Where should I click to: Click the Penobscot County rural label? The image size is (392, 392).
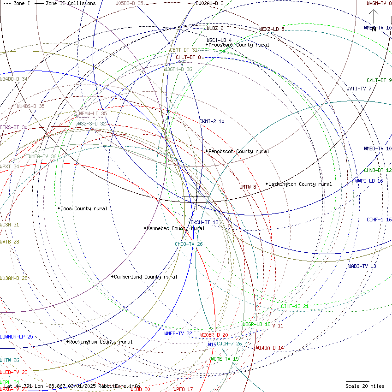pyautogui.click(x=238, y=151)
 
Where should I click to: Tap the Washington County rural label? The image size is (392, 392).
pyautogui.click(x=300, y=184)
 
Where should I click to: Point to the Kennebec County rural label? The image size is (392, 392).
pyautogui.click(x=176, y=228)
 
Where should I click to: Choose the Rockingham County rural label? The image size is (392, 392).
pyautogui.click(x=101, y=342)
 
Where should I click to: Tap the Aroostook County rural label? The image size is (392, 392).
pyautogui.click(x=239, y=45)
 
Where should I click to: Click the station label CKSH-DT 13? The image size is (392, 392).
pyautogui.click(x=204, y=222)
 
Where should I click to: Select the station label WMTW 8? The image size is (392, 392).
pyautogui.click(x=248, y=187)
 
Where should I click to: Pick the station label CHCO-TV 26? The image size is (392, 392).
pyautogui.click(x=189, y=244)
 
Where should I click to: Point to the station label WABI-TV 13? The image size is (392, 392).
pyautogui.click(x=362, y=266)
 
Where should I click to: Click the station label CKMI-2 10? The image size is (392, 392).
pyautogui.click(x=212, y=121)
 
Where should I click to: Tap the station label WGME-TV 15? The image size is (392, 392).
pyautogui.click(x=225, y=359)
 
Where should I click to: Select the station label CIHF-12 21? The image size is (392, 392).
pyautogui.click(x=295, y=306)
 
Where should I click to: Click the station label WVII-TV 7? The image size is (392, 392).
pyautogui.click(x=359, y=89)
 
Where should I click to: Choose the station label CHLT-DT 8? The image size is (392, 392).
pyautogui.click(x=188, y=57)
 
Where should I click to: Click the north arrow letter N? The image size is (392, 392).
pyautogui.click(x=374, y=29)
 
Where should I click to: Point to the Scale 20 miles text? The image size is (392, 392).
pyautogui.click(x=365, y=386)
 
